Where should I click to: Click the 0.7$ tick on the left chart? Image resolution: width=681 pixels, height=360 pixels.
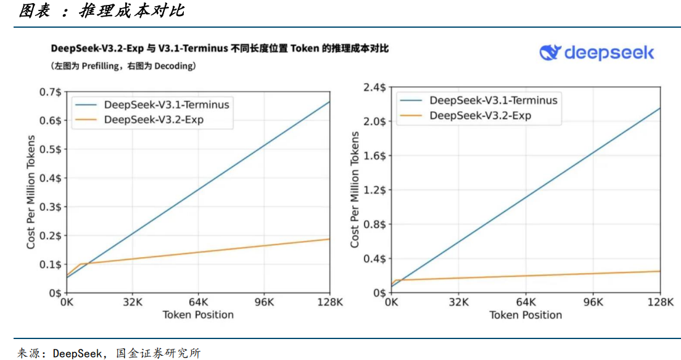pos(50,92)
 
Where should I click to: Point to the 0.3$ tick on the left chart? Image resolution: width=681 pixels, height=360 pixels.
pos(50,207)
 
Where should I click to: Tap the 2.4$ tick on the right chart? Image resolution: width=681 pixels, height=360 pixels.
pos(374,88)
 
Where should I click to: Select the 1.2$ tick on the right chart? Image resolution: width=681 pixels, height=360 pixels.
pos(374,190)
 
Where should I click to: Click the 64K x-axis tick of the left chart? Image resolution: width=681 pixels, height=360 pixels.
pos(198,303)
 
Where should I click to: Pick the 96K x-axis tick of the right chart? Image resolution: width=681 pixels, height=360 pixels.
pos(593,303)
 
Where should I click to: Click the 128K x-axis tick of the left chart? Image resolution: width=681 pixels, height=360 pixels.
pos(329,303)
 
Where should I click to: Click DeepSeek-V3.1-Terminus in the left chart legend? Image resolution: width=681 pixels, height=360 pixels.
pos(167,105)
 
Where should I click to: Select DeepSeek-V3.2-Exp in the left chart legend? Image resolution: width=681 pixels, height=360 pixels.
pos(154,120)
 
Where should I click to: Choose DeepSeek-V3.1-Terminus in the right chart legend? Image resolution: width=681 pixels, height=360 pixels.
pos(493,100)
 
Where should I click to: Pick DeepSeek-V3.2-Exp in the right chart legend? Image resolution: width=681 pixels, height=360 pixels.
pos(481,115)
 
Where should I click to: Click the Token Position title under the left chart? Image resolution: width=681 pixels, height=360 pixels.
pos(198,315)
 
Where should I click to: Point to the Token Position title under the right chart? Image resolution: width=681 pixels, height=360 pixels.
pos(526,315)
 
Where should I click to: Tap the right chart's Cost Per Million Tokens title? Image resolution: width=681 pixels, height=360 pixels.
pos(355,190)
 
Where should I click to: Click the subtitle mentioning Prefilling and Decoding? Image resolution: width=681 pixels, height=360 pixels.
pos(123,65)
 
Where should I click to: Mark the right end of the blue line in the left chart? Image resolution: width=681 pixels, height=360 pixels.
pos(329,102)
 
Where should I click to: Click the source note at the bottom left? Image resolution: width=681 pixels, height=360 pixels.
pos(108,353)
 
